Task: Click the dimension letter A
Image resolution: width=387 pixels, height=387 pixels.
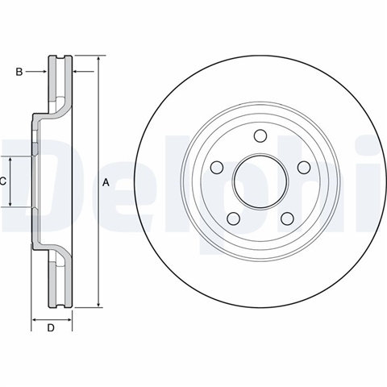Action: [x=106, y=182]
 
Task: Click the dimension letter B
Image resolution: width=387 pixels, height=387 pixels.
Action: [x=19, y=72]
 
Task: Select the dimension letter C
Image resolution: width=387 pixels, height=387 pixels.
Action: [x=2, y=181]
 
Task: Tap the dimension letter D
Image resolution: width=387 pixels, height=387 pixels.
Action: [x=51, y=328]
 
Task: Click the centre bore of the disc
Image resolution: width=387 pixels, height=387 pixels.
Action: [x=260, y=182]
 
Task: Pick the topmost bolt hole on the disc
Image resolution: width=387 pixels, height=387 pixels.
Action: [x=260, y=135]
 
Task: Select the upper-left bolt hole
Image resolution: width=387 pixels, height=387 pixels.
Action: [x=217, y=168]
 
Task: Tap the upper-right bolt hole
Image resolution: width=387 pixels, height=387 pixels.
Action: [x=304, y=168]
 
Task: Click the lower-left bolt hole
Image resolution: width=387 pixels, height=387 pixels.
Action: [x=233, y=218]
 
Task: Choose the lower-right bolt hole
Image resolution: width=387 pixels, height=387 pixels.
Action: [x=287, y=218]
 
